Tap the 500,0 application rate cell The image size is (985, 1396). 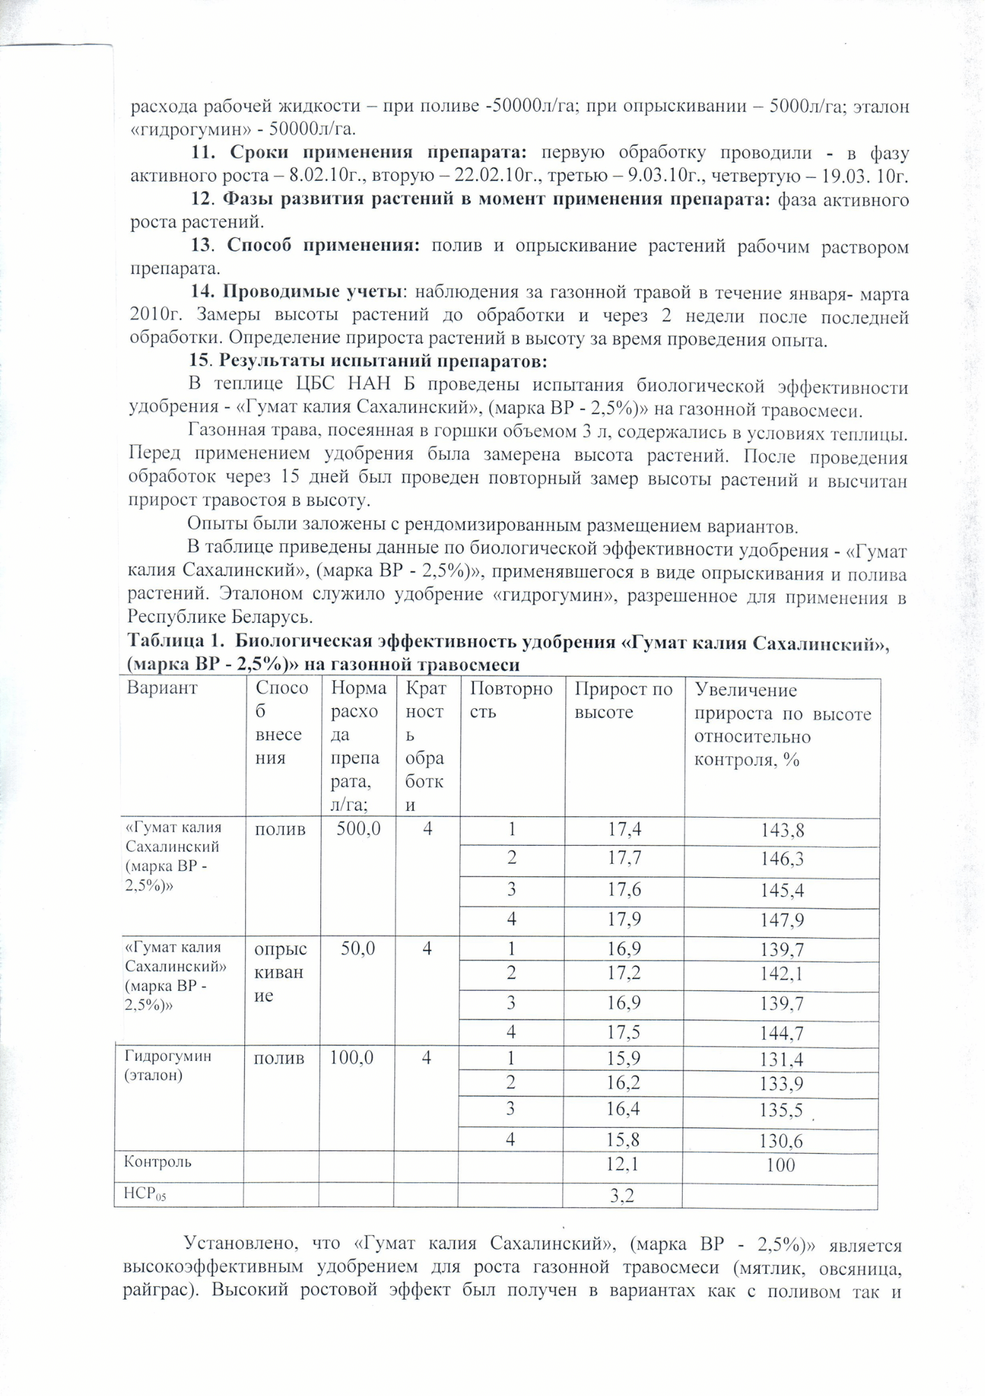358,829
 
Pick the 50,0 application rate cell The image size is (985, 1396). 358,948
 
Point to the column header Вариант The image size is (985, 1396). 163,688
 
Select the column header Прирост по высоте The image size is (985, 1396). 623,700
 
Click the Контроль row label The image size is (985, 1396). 158,1162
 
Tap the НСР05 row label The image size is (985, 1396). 145,1194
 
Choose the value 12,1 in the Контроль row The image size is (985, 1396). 623,1163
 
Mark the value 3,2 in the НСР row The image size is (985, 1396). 621,1196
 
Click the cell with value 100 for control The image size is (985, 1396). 780,1165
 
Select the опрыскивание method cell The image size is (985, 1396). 280,972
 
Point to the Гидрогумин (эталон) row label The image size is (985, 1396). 168,1065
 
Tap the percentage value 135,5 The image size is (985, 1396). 781,1110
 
